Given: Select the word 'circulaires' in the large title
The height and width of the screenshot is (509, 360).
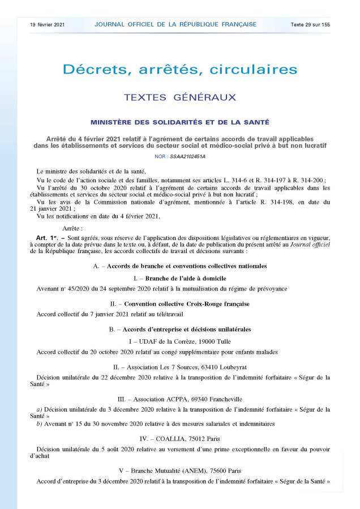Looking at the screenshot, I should (x=254, y=70).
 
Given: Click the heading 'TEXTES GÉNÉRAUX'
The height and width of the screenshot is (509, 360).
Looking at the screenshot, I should (x=179, y=97).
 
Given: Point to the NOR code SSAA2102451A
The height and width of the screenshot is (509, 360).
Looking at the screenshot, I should (x=180, y=156).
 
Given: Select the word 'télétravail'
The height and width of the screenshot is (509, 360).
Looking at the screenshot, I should (x=172, y=314).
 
